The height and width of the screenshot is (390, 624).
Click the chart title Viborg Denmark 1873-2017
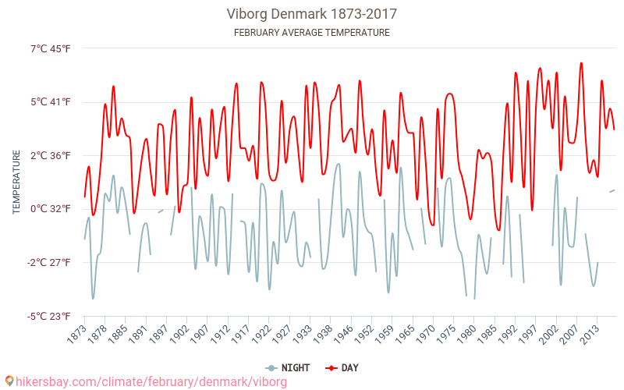point(312,14)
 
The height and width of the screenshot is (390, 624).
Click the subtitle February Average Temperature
point(312,33)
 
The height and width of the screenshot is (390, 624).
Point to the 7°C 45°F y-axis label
point(51,48)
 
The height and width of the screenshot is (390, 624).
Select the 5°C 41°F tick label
point(51,102)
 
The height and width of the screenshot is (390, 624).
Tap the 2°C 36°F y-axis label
point(51,155)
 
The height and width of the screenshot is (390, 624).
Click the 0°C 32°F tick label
point(51,209)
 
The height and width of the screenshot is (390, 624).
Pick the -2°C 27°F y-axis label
point(49,262)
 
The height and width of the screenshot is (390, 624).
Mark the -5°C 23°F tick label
point(49,316)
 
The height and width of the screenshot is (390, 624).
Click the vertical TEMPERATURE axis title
point(16,183)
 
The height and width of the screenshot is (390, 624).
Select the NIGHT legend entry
point(288,367)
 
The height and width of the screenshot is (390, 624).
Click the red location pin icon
point(9,381)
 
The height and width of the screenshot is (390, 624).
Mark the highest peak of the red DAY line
point(581,63)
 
